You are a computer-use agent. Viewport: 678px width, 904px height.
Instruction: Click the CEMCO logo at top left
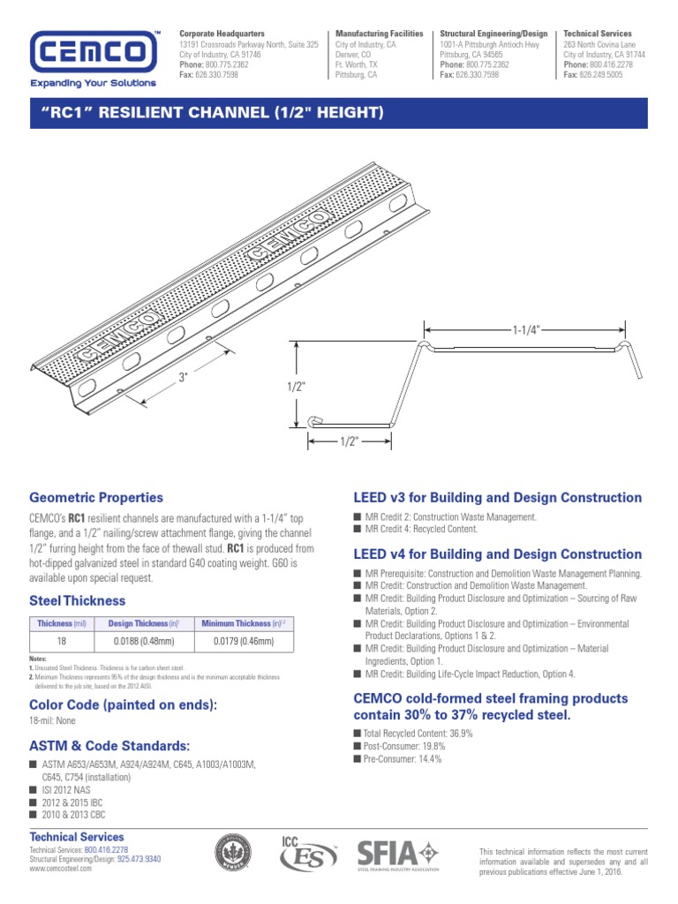(94, 53)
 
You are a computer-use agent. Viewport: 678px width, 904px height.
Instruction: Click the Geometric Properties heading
(96, 498)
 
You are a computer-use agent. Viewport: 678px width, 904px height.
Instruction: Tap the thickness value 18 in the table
(62, 642)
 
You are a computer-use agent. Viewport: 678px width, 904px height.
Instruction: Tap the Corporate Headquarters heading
(222, 34)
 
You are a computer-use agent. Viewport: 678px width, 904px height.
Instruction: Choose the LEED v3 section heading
(497, 498)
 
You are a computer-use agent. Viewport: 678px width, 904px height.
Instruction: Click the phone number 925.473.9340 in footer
(139, 858)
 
